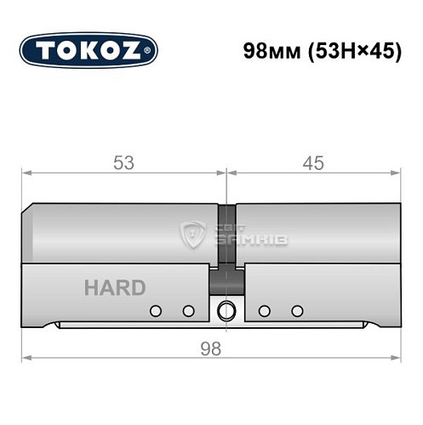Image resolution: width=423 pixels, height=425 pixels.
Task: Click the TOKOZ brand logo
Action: (x=89, y=51)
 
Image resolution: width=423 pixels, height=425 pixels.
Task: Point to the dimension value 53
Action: (x=124, y=163)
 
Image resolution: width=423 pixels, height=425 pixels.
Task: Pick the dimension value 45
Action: (x=313, y=163)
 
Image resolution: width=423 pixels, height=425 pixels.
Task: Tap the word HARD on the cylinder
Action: (x=114, y=288)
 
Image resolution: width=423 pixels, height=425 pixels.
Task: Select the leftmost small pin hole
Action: (x=155, y=311)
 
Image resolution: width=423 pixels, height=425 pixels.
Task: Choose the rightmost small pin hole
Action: (x=297, y=311)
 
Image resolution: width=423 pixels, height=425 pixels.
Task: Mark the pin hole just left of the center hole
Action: (x=188, y=311)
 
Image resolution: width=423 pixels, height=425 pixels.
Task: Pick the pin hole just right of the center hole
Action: (x=264, y=311)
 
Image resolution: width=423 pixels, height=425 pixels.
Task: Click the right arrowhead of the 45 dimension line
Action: (x=396, y=173)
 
